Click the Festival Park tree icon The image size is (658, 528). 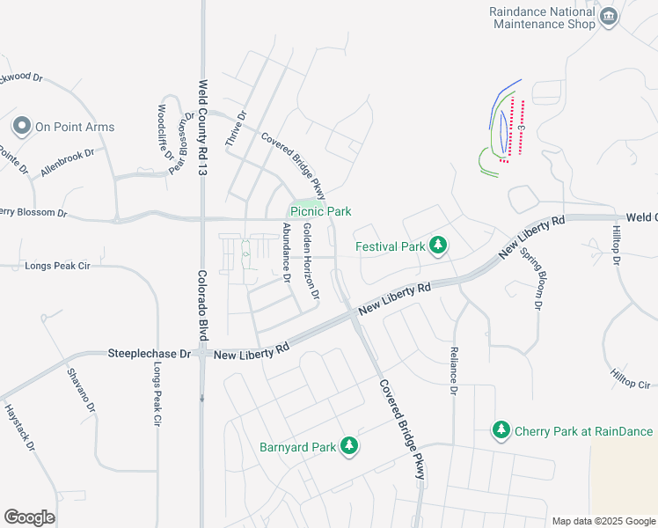(438, 246)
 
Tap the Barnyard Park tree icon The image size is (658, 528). (350, 447)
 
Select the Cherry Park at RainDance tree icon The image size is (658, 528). (501, 431)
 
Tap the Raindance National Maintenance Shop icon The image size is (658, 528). (608, 18)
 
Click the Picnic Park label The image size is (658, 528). (321, 211)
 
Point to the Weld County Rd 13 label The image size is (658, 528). (202, 127)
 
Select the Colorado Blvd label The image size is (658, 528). (202, 299)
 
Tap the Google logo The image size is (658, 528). (29, 517)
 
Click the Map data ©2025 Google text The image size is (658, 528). (603, 521)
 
